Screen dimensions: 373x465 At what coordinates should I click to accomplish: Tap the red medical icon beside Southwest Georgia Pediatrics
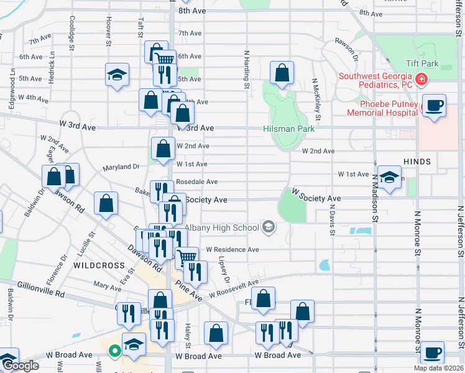click(421, 79)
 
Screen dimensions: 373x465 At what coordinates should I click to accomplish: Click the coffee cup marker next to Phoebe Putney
click(435, 105)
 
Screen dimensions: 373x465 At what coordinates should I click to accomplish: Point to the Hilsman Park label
click(288, 129)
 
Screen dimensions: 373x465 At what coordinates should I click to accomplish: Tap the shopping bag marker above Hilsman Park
click(282, 73)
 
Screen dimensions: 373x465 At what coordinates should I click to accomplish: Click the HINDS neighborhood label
click(417, 162)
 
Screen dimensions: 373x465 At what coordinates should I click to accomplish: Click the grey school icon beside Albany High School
click(268, 228)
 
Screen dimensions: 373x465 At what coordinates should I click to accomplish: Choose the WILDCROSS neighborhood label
click(99, 265)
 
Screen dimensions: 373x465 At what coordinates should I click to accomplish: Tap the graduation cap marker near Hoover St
click(117, 75)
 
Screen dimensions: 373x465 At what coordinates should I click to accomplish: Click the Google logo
click(20, 366)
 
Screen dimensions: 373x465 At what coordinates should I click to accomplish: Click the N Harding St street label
click(247, 70)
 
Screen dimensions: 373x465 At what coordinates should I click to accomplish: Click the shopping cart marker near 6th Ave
click(165, 61)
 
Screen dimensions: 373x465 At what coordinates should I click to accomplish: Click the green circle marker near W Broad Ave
click(114, 351)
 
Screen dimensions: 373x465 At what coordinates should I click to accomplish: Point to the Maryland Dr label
click(122, 167)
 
